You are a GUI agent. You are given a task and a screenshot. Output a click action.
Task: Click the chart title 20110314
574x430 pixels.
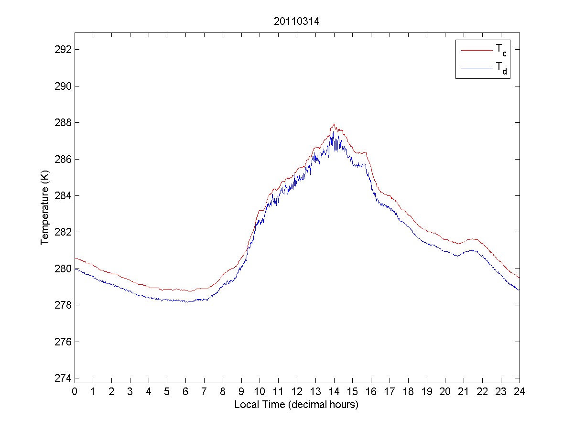pos(297,21)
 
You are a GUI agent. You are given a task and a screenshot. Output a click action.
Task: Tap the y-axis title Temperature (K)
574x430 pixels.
pos(45,207)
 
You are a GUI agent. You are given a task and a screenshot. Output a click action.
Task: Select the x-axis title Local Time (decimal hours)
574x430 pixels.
pos(296,405)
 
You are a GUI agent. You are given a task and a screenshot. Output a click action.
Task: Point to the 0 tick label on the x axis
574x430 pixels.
pos(75,392)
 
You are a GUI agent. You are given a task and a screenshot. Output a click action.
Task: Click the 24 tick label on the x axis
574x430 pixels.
pos(520,392)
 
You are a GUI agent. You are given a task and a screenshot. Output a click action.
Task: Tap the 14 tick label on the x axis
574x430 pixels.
pos(334,392)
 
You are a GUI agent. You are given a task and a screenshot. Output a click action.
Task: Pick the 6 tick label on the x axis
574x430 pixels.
pos(186,392)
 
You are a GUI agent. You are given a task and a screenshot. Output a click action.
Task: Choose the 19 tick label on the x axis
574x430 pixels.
pos(427,392)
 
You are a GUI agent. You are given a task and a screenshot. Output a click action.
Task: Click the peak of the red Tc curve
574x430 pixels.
pos(334,124)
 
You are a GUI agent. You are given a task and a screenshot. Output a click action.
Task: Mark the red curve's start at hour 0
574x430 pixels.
pos(75,258)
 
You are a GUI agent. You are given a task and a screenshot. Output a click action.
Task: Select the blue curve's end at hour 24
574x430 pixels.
pos(519,290)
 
